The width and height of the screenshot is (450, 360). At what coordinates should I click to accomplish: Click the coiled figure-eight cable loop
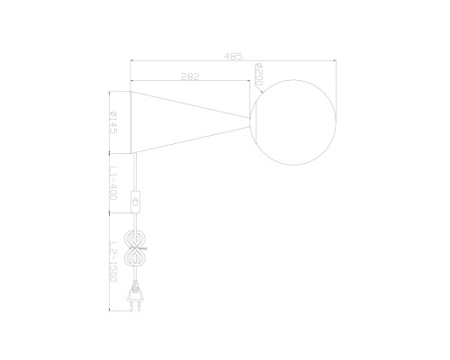point(136,246)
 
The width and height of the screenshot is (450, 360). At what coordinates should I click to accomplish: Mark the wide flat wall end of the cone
point(133,121)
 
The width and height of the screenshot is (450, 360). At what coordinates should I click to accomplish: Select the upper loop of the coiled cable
point(136,236)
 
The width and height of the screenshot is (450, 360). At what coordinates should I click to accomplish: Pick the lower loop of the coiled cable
point(136,256)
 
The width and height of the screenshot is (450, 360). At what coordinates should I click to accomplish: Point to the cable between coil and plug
point(136,274)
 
